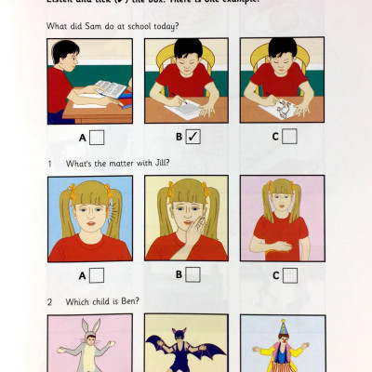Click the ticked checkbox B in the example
(x=193, y=137)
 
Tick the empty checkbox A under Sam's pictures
(x=96, y=137)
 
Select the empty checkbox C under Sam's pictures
(x=289, y=137)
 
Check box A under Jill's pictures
(x=96, y=274)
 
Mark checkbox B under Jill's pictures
(x=193, y=274)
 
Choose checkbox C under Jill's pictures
(x=289, y=274)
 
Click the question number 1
(x=50, y=161)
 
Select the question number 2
(x=50, y=301)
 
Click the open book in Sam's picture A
(x=109, y=90)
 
